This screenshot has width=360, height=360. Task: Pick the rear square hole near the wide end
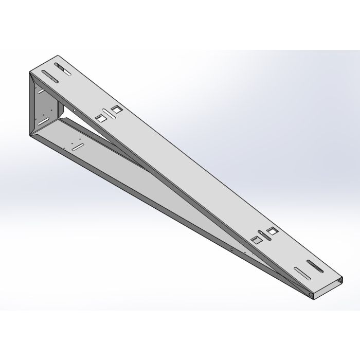116,109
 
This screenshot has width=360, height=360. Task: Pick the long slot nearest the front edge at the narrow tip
301,272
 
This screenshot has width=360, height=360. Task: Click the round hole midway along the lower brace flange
232,250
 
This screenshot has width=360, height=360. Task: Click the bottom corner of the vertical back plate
29,135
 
